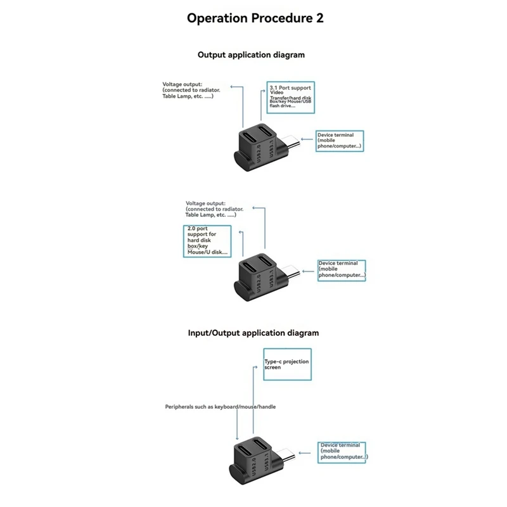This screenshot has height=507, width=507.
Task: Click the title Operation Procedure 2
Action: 255,18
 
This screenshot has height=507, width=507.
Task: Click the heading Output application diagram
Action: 251,55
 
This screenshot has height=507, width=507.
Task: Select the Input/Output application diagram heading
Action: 253,332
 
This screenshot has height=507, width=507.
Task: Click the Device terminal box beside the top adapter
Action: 341,141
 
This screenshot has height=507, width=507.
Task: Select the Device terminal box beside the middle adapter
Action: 342,270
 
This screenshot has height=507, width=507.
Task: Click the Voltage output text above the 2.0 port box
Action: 212,209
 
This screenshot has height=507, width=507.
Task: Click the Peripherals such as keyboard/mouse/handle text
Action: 220,407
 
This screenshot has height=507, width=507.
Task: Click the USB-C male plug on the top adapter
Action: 293,143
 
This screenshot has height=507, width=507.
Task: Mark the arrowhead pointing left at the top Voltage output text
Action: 232,85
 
